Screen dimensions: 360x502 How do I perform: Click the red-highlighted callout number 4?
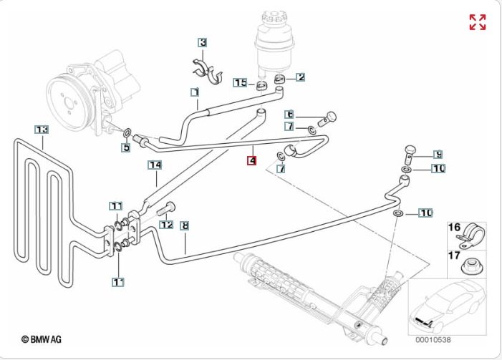tap(251, 160)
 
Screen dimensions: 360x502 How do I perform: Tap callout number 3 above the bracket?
tap(203, 43)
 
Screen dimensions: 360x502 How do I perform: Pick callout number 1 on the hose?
tap(194, 92)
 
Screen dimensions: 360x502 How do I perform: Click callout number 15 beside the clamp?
tap(241, 83)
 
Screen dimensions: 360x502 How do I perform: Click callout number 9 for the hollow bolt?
tap(438, 154)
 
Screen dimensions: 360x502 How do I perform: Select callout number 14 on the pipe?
tap(155, 165)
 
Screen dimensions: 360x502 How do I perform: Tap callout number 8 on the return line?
tap(185, 225)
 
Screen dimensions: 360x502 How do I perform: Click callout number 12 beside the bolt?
tap(166, 224)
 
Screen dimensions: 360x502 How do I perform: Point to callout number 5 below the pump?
tap(125, 147)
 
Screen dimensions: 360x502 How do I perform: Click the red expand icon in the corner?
tap(478, 22)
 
